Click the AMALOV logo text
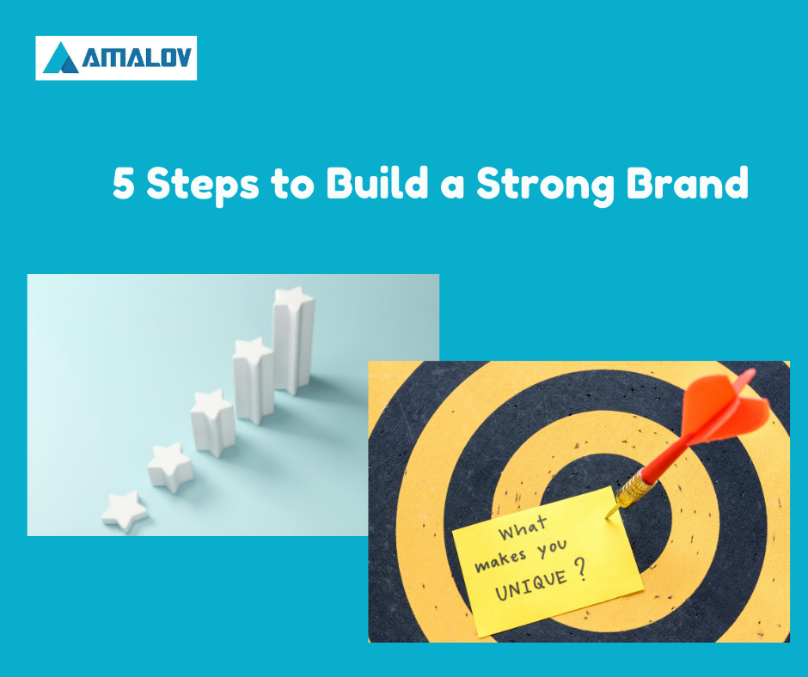click(137, 58)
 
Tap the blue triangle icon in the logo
click(61, 58)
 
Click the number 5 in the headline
click(124, 183)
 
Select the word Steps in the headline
click(203, 186)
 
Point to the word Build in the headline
click(377, 182)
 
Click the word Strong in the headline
click(545, 186)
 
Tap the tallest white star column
click(294, 340)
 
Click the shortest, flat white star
click(125, 511)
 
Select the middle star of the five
click(212, 423)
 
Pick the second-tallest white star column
click(253, 381)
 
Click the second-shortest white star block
click(170, 467)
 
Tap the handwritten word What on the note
click(523, 528)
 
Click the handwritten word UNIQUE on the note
click(530, 585)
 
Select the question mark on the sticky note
click(581, 570)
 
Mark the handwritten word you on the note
click(553, 549)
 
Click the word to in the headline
click(292, 186)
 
